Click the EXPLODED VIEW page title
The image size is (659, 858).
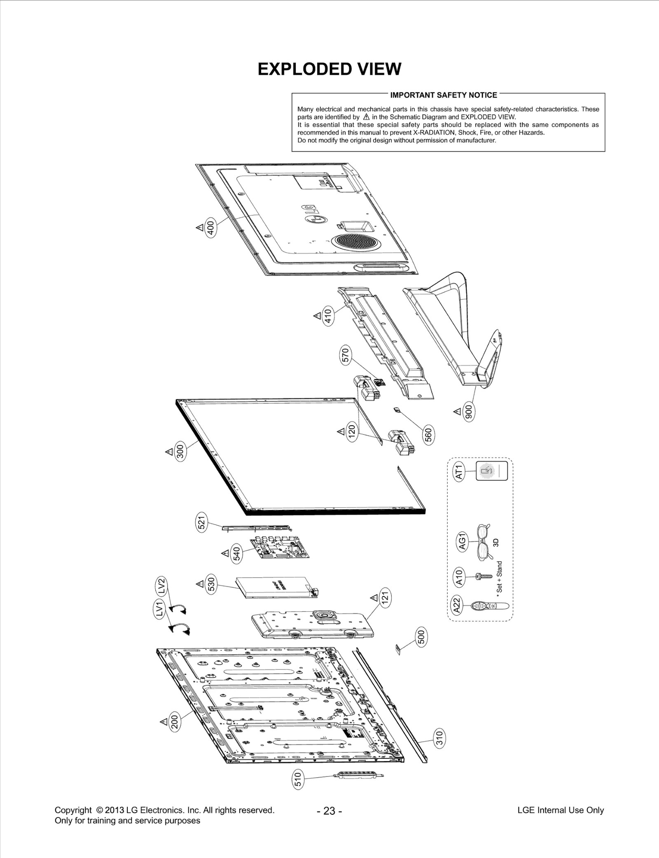[329, 69]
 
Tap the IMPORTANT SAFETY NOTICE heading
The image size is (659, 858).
[444, 95]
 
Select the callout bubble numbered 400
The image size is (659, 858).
[210, 228]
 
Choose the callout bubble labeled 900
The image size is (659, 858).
[468, 412]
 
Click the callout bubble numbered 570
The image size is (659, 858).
[346, 355]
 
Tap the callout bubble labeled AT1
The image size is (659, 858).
[459, 471]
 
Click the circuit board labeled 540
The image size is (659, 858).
[280, 548]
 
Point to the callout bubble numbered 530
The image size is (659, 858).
[211, 584]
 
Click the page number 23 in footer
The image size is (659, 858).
[329, 811]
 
